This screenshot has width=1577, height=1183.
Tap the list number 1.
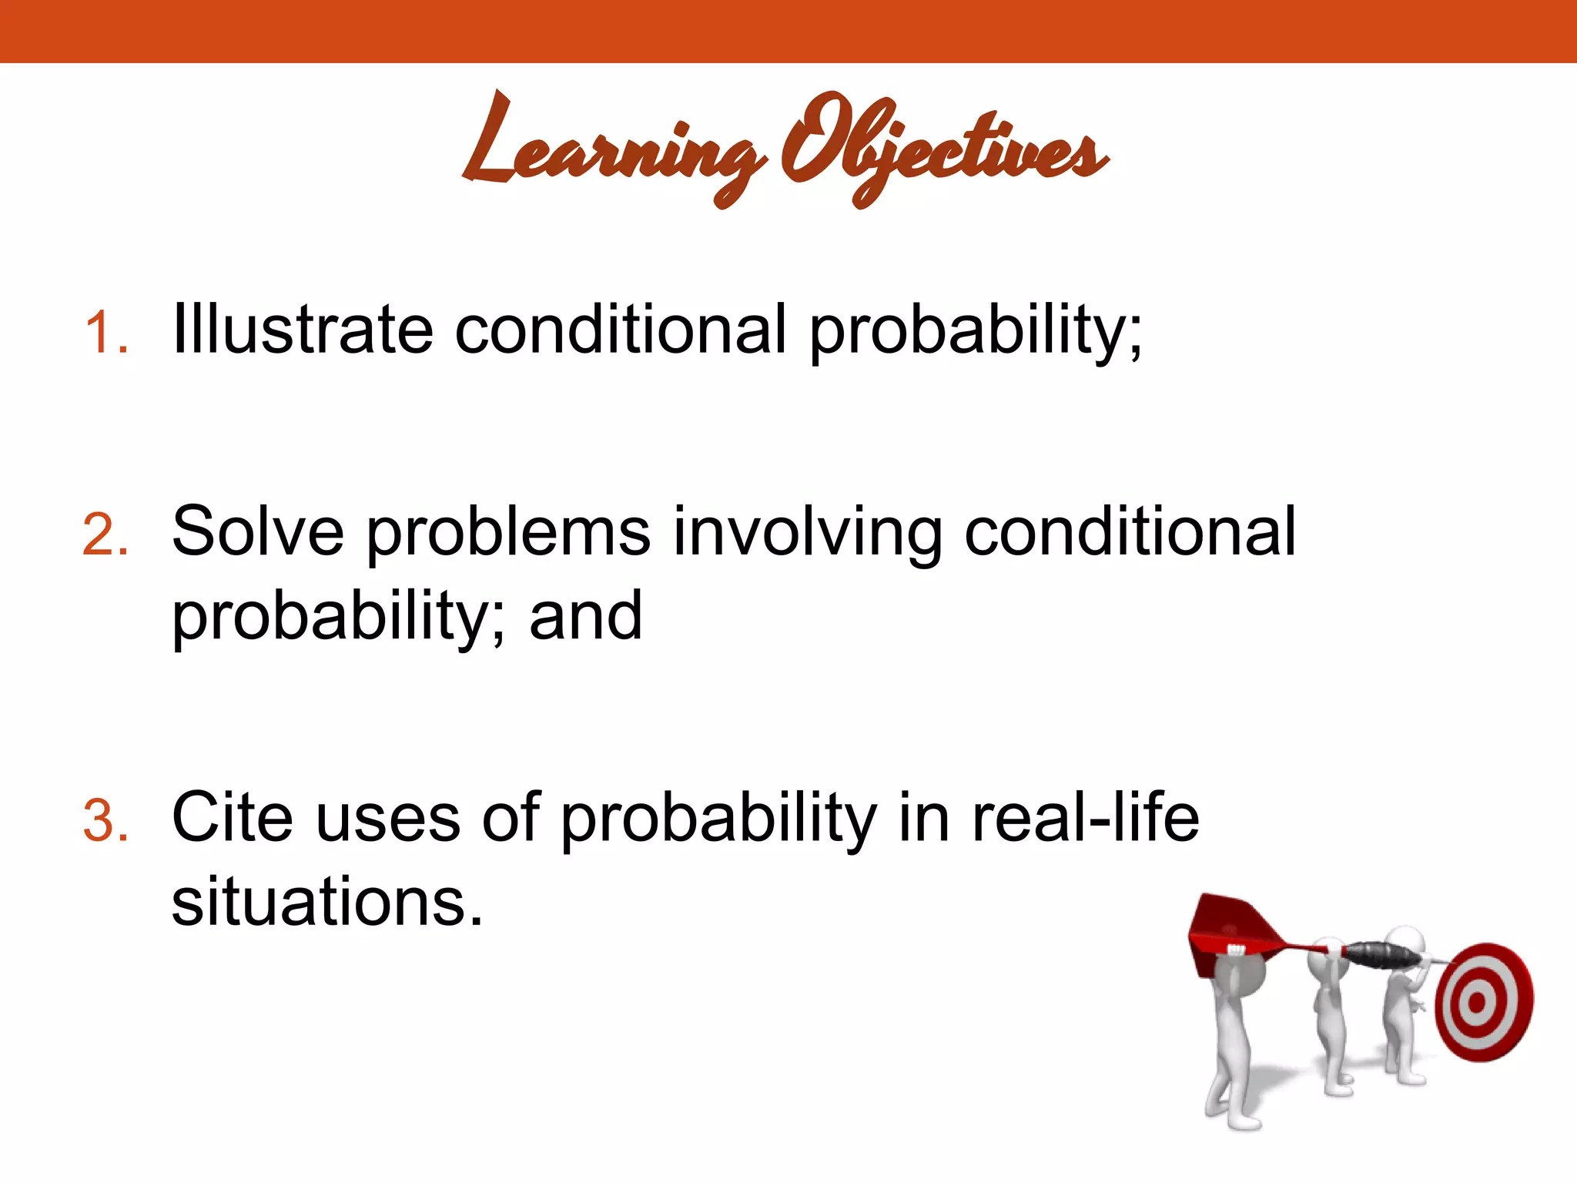pos(105,333)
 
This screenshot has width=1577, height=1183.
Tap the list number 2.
pos(105,535)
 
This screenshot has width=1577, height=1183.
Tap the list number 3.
pos(105,819)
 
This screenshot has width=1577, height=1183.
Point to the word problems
pos(508,533)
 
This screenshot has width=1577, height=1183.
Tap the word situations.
pos(326,901)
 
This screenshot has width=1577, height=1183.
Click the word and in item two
pos(585,616)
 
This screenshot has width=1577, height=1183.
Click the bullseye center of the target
pos(1476,1002)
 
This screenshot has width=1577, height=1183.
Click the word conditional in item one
pos(621,330)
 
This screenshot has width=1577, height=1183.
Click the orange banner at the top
pos(788,31)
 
